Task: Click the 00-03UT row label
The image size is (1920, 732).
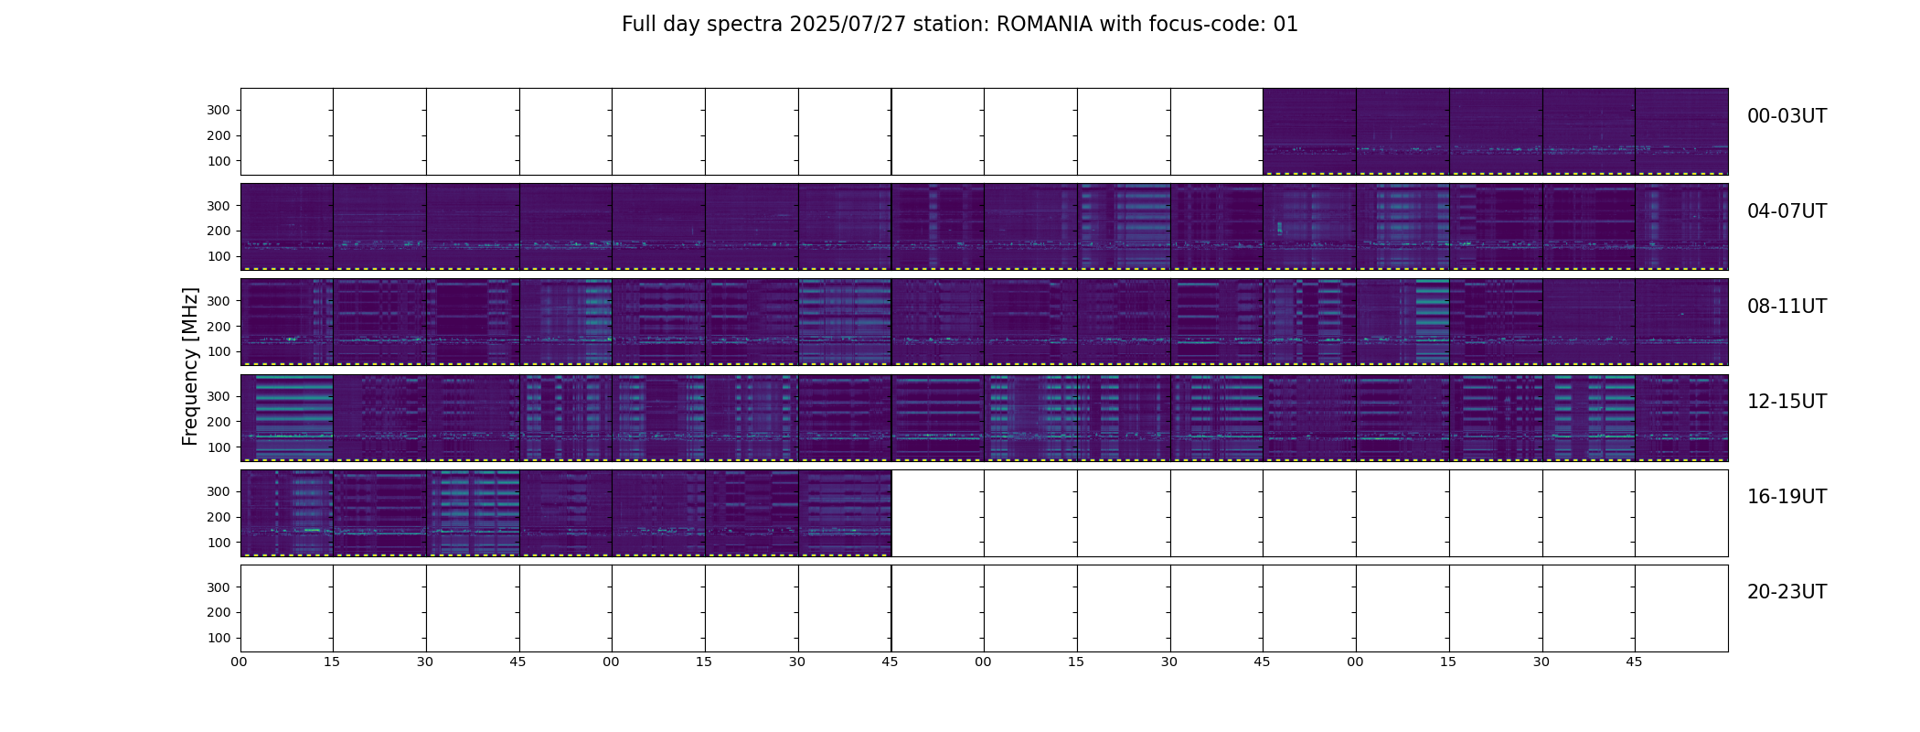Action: [x=1787, y=116]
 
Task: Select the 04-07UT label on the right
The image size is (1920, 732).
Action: [x=1787, y=211]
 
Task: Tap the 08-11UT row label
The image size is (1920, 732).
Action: [x=1787, y=307]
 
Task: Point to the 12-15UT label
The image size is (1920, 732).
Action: [x=1787, y=402]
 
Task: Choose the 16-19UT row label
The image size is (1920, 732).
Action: [x=1787, y=497]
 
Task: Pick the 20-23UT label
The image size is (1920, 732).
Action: [x=1787, y=592]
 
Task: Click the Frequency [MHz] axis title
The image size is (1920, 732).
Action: [x=190, y=366]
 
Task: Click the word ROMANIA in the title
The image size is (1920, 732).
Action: [x=1044, y=25]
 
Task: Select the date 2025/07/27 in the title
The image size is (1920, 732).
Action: [x=848, y=25]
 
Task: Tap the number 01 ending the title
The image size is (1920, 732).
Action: [x=1285, y=25]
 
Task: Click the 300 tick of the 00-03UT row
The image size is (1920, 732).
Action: [x=219, y=111]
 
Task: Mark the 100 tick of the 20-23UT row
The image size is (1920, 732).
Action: [x=219, y=639]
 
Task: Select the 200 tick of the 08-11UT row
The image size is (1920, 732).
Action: [x=219, y=327]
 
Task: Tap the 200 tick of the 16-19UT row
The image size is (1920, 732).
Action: [x=219, y=518]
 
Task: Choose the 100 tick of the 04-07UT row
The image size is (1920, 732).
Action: [x=219, y=257]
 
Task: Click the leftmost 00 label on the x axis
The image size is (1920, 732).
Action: [x=240, y=662]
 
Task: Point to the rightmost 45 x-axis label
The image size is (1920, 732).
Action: [x=1634, y=662]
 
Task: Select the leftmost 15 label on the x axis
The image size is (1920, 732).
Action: [x=332, y=662]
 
